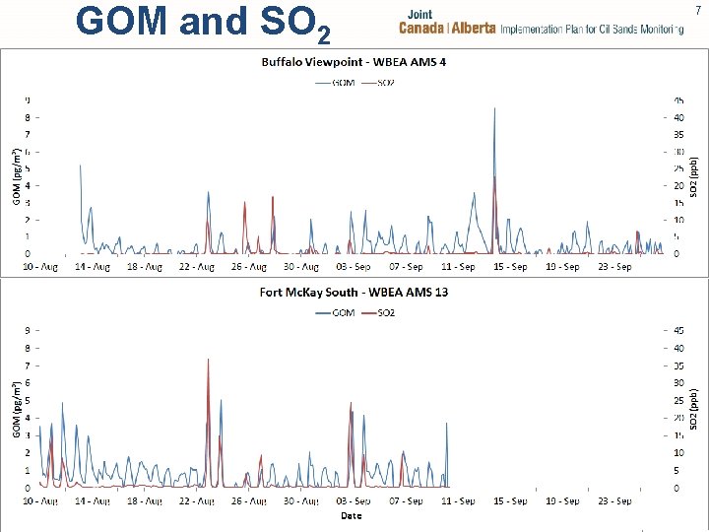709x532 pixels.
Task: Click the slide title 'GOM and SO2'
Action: (x=202, y=23)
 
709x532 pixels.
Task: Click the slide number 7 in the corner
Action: (x=698, y=11)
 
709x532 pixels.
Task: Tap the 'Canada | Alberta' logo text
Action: (x=447, y=29)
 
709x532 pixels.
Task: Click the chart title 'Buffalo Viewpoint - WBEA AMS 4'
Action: (x=354, y=63)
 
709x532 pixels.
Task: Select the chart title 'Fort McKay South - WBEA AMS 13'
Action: (x=354, y=293)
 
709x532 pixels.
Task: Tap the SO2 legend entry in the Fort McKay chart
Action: (x=380, y=312)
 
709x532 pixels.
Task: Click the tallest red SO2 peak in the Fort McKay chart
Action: (x=208, y=361)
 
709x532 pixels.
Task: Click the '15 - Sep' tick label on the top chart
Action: (x=510, y=267)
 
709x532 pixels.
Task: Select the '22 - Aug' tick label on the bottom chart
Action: (x=197, y=501)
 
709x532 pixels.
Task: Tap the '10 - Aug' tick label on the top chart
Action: (x=40, y=267)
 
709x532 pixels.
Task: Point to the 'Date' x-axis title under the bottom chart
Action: (x=351, y=516)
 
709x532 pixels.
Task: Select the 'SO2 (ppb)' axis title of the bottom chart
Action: (x=693, y=408)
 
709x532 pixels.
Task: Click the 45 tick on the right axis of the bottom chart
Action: (x=678, y=330)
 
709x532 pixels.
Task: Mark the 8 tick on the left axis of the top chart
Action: (x=28, y=116)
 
